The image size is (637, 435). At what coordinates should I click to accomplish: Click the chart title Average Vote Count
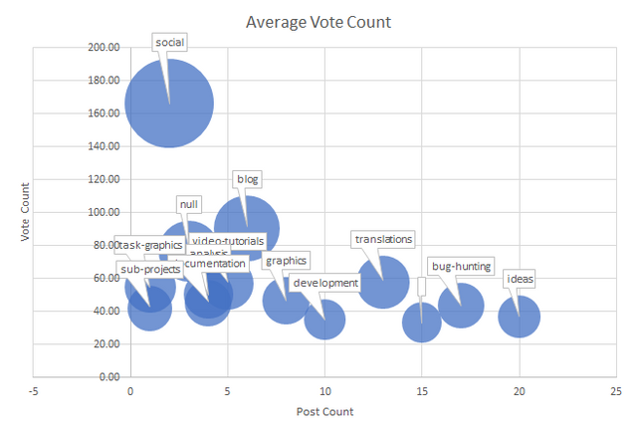click(x=318, y=22)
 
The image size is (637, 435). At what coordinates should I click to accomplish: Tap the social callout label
click(x=171, y=42)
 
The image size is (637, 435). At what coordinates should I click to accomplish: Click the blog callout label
click(x=247, y=179)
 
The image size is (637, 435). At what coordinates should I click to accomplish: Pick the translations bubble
click(x=383, y=283)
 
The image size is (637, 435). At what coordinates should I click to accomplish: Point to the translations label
click(x=383, y=239)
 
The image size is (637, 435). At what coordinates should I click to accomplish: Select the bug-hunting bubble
click(x=461, y=306)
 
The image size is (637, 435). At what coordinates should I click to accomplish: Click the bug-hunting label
click(x=460, y=266)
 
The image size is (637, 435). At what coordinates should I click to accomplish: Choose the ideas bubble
click(x=519, y=318)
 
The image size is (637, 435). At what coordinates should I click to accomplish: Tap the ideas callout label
click(x=519, y=279)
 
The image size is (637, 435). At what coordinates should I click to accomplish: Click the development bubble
click(x=324, y=320)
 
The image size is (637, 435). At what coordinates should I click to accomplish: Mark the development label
click(x=325, y=283)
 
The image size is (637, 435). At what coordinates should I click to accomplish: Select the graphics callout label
click(x=286, y=261)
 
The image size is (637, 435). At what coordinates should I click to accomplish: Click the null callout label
click(x=188, y=204)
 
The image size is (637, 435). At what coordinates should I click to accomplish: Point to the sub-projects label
click(x=149, y=269)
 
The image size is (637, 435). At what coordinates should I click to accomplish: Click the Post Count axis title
click(x=324, y=411)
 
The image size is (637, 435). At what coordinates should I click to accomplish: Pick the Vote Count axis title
click(x=27, y=211)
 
